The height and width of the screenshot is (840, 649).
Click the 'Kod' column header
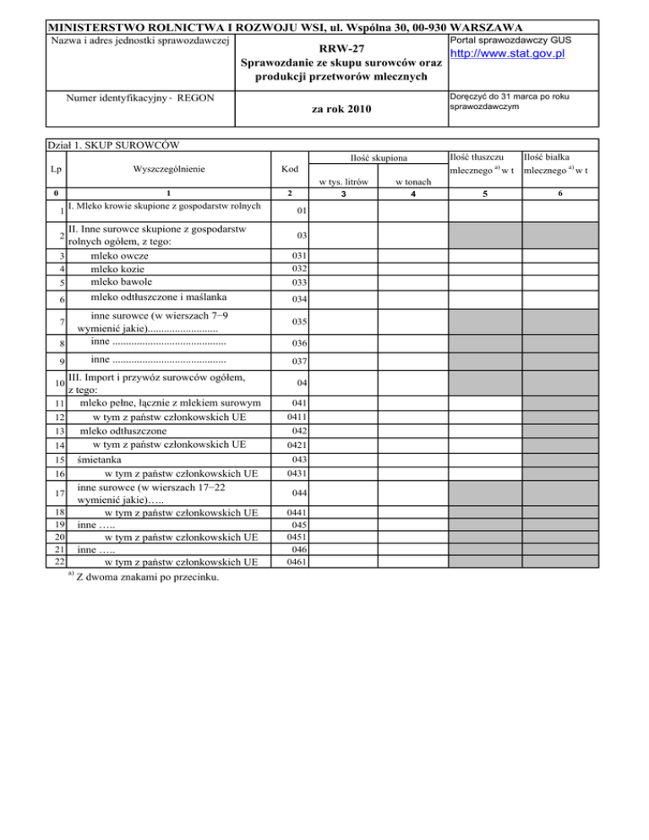point(291,169)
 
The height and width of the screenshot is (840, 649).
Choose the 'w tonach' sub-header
point(413,183)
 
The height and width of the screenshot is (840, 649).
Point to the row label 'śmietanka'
point(98,460)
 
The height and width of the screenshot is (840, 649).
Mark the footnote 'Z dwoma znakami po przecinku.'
point(149,577)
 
